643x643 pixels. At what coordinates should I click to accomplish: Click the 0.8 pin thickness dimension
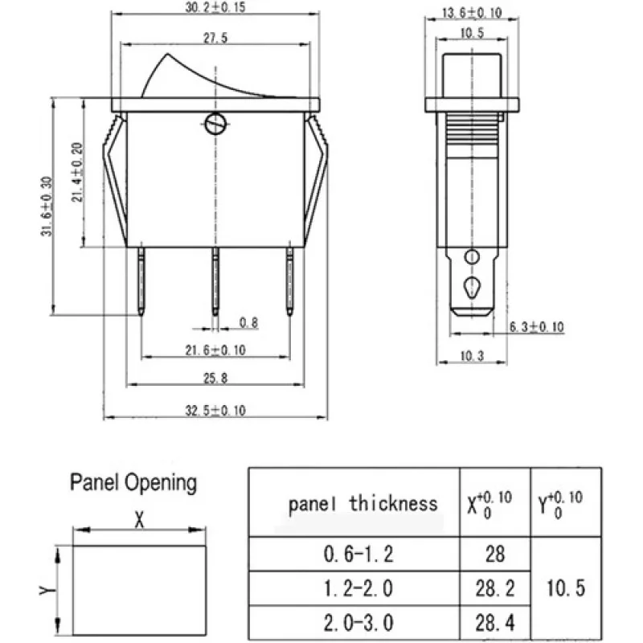[249, 323]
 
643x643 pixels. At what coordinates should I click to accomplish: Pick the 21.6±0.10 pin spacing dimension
[215, 349]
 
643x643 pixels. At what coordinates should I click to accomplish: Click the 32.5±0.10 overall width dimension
[215, 410]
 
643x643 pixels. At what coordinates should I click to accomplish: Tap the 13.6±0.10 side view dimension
[472, 12]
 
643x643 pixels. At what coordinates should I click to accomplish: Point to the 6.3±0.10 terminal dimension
[537, 326]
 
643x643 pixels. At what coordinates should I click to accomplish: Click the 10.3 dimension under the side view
[472, 355]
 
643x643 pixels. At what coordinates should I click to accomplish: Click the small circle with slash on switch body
[215, 125]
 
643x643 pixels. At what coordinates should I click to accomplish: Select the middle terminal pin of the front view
[215, 281]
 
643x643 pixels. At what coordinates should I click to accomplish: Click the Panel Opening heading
[133, 482]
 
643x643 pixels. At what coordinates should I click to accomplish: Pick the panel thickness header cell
[363, 504]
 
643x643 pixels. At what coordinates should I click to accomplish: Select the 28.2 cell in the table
[495, 588]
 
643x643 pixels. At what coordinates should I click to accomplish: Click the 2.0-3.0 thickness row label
[358, 622]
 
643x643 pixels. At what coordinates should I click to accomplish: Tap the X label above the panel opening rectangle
[138, 521]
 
